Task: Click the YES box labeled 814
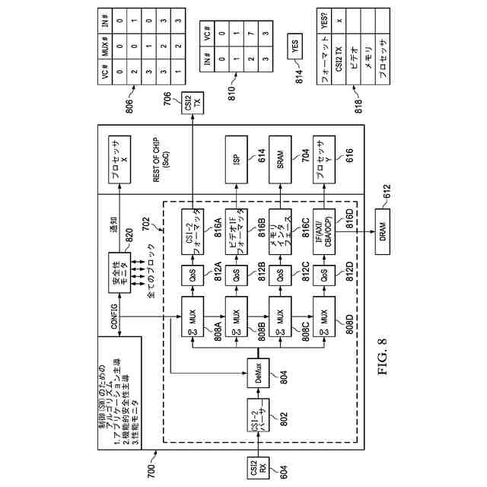coord(296,49)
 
